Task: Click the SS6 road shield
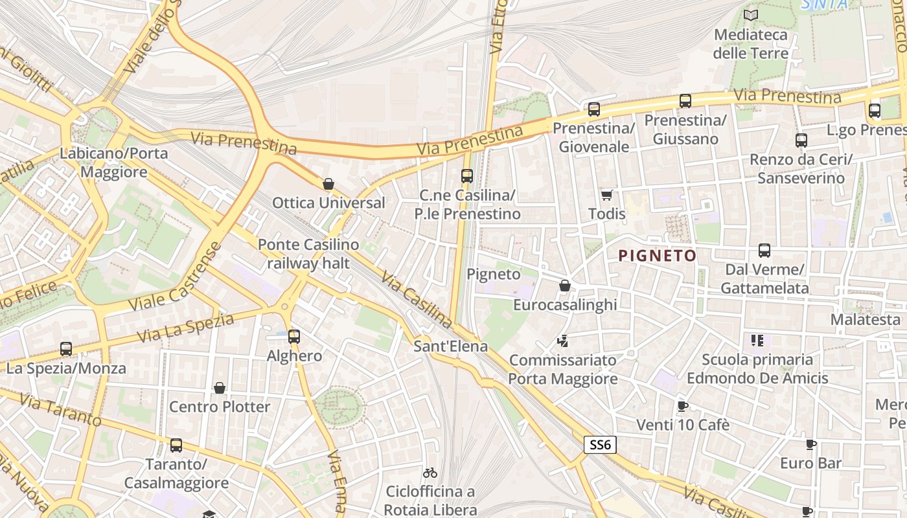point(600,445)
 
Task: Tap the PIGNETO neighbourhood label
point(657,256)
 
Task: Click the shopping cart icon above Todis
point(607,195)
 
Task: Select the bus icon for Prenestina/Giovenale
point(594,109)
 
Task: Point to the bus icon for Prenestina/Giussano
point(685,101)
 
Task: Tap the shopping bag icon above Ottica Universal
point(328,184)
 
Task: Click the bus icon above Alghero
point(294,337)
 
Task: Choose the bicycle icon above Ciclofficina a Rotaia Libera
point(430,473)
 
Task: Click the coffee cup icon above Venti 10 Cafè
point(682,406)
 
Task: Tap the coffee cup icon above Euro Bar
point(810,444)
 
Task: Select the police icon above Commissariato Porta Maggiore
point(562,341)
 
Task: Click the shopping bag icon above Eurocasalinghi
point(565,286)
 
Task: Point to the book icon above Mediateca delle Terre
point(751,15)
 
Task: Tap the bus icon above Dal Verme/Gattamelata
point(764,251)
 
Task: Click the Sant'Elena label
point(450,346)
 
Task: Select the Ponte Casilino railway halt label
point(308,254)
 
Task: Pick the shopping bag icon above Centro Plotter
point(220,388)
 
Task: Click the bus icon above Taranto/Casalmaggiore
point(176,445)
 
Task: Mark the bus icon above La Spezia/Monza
point(66,349)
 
